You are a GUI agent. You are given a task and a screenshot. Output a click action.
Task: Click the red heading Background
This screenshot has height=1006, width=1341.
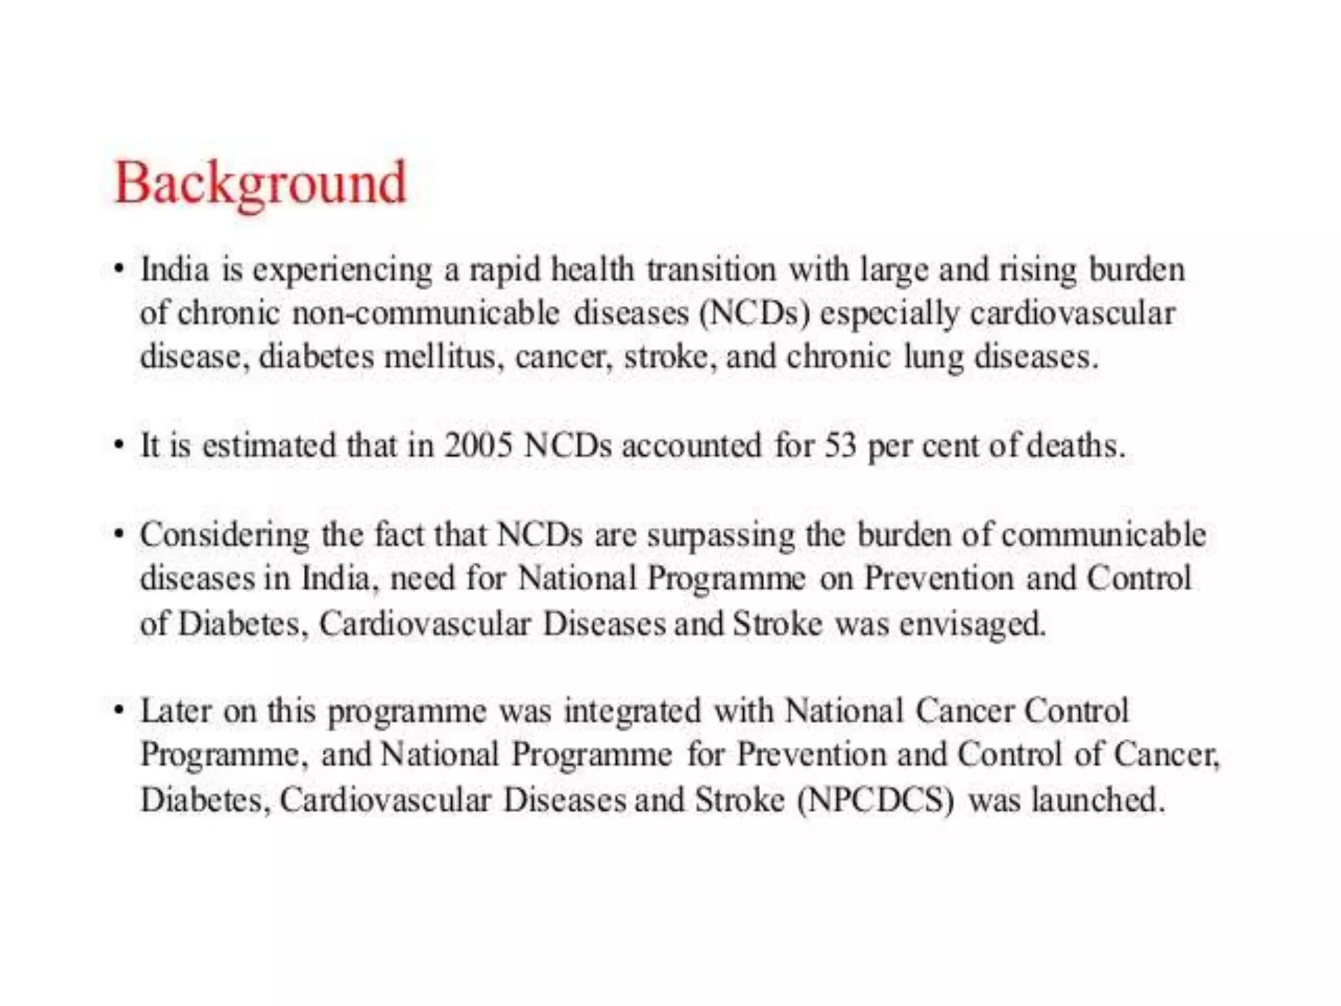tap(261, 183)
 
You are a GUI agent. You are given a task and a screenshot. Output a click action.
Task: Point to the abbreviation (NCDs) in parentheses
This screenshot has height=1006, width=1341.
tap(754, 313)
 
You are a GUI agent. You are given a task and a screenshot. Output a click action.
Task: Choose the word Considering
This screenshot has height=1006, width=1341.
tap(225, 536)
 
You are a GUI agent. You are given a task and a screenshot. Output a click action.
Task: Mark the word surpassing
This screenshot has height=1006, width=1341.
tap(721, 536)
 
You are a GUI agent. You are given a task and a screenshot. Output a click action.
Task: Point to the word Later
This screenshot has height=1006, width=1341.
tap(176, 711)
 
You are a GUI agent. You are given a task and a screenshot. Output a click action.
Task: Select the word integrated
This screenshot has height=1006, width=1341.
tap(633, 711)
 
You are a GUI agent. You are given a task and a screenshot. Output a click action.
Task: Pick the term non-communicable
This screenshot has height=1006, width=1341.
tap(426, 313)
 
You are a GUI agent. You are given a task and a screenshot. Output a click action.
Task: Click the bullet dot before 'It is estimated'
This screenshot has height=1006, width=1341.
tap(119, 445)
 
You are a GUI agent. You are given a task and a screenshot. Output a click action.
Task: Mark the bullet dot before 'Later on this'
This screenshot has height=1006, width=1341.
tap(119, 711)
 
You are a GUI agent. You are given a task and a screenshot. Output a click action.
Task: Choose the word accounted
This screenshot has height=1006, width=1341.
tap(691, 446)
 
